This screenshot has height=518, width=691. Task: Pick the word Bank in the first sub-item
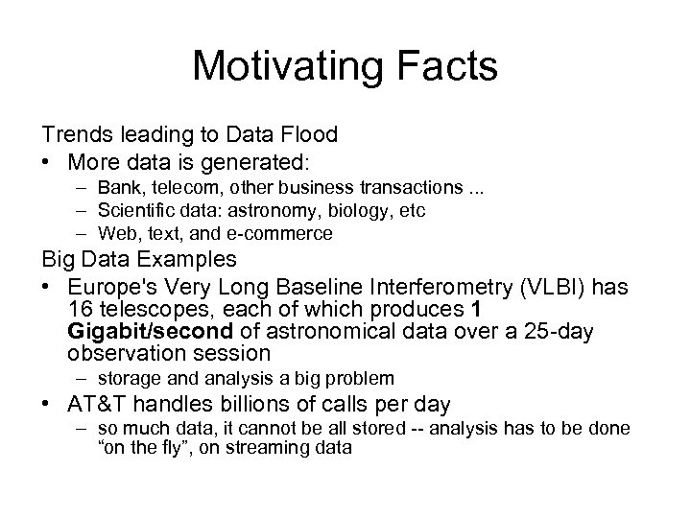[115, 187]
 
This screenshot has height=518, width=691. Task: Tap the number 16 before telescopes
[82, 310]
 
